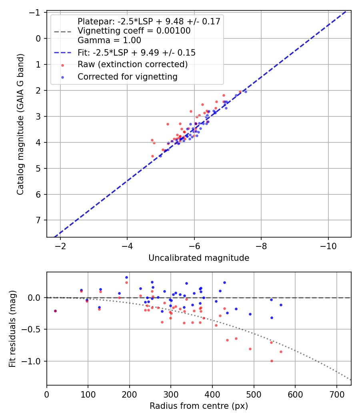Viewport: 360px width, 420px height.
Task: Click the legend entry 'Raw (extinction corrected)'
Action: (x=132, y=64)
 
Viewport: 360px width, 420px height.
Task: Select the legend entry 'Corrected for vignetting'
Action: (x=127, y=76)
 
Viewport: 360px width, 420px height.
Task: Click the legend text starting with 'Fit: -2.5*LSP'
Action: (x=136, y=52)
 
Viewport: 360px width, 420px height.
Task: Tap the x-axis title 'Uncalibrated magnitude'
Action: (x=199, y=258)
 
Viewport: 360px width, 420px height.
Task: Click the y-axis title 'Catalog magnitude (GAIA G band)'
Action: (x=20, y=124)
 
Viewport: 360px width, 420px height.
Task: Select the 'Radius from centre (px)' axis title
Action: (x=199, y=406)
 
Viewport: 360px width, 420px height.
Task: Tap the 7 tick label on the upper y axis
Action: (x=39, y=220)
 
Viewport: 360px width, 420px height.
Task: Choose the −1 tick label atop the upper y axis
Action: (x=37, y=12)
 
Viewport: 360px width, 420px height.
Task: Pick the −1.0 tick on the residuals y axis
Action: (x=34, y=361)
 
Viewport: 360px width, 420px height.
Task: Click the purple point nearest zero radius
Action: (x=55, y=311)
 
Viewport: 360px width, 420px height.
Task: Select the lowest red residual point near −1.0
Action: (x=272, y=361)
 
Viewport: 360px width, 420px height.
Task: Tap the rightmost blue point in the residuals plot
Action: (x=281, y=305)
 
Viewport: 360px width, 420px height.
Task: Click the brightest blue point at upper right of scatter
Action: (x=246, y=92)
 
